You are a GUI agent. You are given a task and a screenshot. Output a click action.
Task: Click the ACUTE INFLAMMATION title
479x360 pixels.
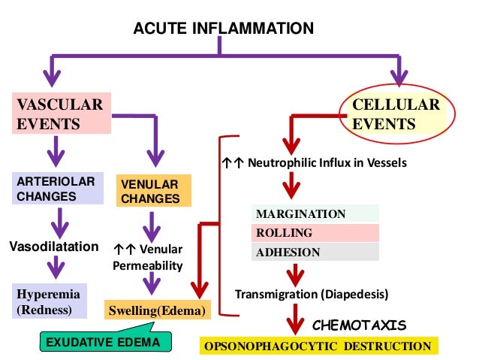point(223,29)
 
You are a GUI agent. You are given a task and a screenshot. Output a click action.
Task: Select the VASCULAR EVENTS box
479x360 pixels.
point(57,113)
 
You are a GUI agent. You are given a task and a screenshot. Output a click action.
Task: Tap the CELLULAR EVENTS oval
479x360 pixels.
point(396,113)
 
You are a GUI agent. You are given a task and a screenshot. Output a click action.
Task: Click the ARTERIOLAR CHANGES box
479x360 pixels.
point(57,189)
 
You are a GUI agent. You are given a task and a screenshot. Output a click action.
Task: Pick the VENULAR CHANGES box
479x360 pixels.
point(152,191)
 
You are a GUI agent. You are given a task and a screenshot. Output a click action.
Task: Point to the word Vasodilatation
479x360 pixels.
point(54,246)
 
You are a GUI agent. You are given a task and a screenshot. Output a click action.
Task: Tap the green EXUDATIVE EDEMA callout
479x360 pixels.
point(103,343)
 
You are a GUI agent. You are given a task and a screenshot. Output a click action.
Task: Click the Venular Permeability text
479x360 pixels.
point(148,257)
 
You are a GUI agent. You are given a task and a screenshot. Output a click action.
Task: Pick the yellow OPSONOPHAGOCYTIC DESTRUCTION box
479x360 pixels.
point(318,346)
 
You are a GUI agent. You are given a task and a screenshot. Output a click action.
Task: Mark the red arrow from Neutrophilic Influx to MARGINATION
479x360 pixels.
point(291,186)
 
